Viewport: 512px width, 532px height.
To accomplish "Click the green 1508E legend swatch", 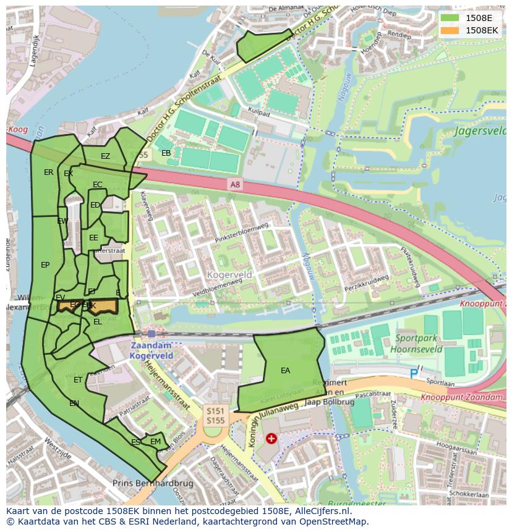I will (x=450, y=17).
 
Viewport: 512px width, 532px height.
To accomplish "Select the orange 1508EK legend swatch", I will (x=450, y=30).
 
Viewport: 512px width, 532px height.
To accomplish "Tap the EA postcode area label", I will (x=285, y=371).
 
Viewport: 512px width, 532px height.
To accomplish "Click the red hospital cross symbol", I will (x=271, y=439).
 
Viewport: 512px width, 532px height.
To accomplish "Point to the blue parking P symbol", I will (x=414, y=374).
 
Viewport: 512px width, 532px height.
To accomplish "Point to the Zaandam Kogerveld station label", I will (x=151, y=350).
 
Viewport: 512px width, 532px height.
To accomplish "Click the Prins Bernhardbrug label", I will (x=153, y=483).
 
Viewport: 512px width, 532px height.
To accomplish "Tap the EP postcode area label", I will (x=45, y=265).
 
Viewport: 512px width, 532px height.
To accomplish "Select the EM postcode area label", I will (x=155, y=442).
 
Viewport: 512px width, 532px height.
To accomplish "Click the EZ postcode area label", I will (x=105, y=156).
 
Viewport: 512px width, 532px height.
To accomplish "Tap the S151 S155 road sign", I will (x=215, y=415).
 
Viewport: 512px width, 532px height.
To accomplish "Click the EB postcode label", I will (x=166, y=153).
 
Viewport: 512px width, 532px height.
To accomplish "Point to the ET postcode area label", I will (x=78, y=380).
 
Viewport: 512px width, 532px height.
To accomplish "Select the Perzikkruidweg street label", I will (x=367, y=283).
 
